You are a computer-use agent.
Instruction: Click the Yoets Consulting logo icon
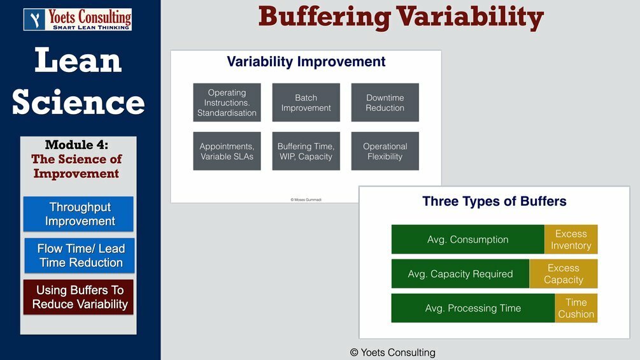coord(34,19)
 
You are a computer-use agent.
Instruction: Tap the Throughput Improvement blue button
coord(79,214)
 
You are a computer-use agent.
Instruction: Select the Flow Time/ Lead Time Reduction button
coord(80,256)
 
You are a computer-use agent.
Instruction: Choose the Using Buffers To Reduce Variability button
coord(79,297)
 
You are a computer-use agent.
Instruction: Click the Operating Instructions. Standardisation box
coord(227,103)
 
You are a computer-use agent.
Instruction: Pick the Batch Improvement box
coord(306,103)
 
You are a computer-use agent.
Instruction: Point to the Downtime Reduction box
coord(385,103)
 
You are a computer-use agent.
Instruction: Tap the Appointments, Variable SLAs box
coord(227,151)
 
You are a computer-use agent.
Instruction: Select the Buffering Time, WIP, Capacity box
coord(306,151)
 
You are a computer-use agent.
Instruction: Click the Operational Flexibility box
coord(385,151)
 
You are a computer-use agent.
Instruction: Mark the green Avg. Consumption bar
coord(467,240)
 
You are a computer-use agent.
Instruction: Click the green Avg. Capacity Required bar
coord(460,274)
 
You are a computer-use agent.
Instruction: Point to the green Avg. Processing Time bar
coord(473,308)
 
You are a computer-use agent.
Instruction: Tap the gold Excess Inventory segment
coord(571,240)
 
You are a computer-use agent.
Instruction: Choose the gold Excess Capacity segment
coord(564,274)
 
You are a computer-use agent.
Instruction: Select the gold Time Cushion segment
coord(576,308)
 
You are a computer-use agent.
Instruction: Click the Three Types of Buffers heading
coord(494,202)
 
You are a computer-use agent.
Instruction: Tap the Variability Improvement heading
coord(306,62)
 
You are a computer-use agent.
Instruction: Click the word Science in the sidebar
coord(78,102)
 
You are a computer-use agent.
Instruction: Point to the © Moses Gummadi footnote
coord(306,199)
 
